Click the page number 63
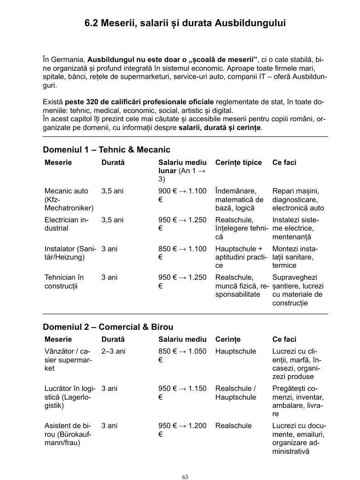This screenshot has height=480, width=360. coord(185,477)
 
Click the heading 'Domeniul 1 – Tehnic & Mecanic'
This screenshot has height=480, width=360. coord(106,150)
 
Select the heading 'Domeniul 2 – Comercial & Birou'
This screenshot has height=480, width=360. coord(108,327)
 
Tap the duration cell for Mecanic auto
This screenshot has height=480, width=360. coord(112,191)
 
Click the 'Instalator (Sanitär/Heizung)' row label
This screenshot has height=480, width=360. coord(70,253)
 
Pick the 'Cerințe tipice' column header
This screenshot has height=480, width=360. coord(238,163)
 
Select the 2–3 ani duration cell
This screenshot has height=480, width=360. coord(113,351)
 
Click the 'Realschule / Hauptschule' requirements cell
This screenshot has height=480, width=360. coord(236,393)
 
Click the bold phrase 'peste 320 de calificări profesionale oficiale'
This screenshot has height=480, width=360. coord(139,102)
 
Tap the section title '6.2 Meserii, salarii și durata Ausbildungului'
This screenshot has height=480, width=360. coord(186,23)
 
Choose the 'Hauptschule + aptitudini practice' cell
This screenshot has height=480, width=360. coord(241,257)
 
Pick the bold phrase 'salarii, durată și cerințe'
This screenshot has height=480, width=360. coord(220,127)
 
